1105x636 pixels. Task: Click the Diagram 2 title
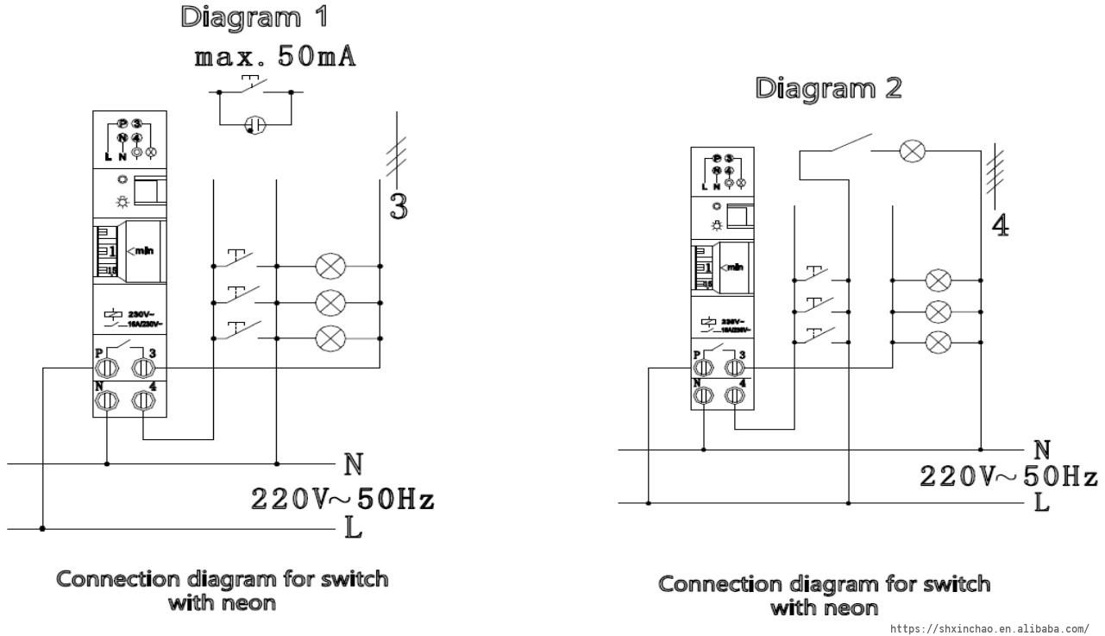[x=828, y=88]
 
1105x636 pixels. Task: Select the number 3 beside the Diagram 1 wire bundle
[x=399, y=206]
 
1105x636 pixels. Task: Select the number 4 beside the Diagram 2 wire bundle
[x=1001, y=224]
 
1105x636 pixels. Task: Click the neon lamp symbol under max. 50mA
[x=255, y=125]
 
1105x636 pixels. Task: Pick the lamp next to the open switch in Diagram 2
[x=912, y=152]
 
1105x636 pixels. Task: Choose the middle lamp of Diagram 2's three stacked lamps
[x=938, y=311]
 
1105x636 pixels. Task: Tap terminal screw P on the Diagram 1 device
[x=107, y=368]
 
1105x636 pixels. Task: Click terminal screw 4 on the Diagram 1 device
[x=143, y=400]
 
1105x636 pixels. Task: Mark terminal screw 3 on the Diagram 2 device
[x=734, y=368]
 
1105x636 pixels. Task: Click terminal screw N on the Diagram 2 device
[x=704, y=394]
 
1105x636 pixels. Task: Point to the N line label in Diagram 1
[x=354, y=465]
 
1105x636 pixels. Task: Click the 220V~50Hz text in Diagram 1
[x=342, y=499]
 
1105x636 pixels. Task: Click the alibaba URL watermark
[x=989, y=629]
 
